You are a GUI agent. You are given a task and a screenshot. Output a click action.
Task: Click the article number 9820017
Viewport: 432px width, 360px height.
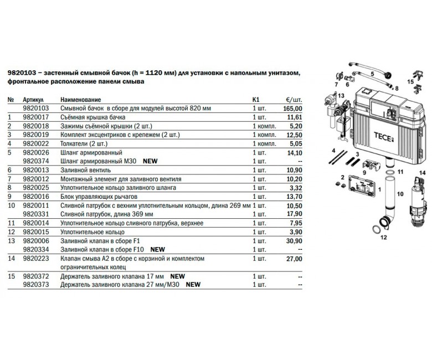click(36, 117)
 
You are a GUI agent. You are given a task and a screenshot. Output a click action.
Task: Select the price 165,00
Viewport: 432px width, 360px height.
click(292, 109)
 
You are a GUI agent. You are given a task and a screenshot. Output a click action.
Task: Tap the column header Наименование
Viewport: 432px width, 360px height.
click(81, 100)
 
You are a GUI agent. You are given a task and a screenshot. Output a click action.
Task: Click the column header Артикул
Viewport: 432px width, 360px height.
click(33, 100)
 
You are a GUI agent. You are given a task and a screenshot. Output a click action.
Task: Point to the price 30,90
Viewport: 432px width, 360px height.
click(294, 241)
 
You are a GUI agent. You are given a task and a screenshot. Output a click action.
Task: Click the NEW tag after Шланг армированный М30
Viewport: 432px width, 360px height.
click(150, 161)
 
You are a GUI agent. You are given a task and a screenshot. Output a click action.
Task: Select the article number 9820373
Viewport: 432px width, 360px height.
click(36, 285)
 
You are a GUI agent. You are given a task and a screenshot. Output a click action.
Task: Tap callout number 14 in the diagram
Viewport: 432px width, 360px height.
click(422, 173)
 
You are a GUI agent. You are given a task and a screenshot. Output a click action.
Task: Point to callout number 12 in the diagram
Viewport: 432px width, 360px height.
click(383, 237)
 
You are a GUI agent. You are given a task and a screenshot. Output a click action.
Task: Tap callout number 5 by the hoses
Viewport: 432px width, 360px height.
click(373, 74)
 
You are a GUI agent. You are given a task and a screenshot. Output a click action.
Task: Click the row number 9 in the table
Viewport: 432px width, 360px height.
click(9, 197)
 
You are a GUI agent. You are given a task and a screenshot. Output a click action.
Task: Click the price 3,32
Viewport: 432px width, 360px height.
click(296, 188)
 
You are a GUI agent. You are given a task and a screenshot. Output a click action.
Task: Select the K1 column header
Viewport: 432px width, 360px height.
click(256, 100)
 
